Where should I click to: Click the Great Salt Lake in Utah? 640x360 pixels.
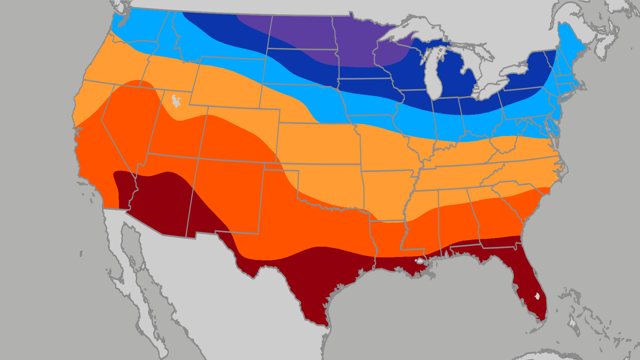pyautogui.click(x=176, y=101)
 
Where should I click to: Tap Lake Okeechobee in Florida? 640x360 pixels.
pyautogui.click(x=537, y=296)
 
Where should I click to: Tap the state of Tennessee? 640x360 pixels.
pyautogui.click(x=460, y=177)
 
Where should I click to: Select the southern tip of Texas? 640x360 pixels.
pyautogui.click(x=325, y=323)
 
